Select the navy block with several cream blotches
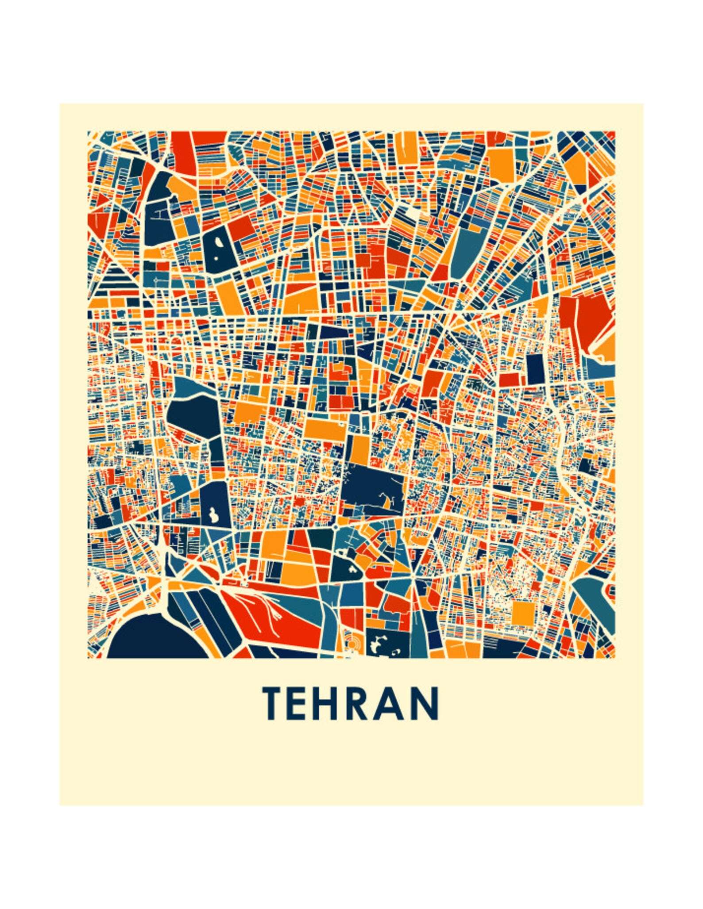pyautogui.click(x=383, y=644)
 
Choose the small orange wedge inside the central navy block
pyautogui.click(x=388, y=502)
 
